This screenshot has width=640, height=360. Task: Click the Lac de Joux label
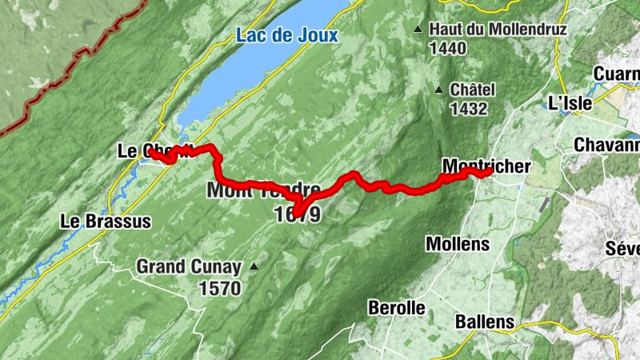coord(287,35)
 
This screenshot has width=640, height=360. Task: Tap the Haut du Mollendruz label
coord(498,30)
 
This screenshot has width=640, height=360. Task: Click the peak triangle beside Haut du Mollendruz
coord(418,30)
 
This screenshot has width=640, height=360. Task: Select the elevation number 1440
coord(447,48)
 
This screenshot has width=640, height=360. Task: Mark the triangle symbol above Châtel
coord(438,90)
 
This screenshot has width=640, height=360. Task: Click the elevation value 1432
coord(469,108)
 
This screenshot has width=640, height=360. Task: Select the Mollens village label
coord(457,242)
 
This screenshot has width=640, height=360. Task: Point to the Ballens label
coord(484,322)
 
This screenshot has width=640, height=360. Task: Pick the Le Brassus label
coord(106,222)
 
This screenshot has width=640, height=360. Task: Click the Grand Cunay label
coord(188,266)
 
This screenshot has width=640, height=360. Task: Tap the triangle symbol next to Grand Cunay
coord(254,266)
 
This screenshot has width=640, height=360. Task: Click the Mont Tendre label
coord(263,190)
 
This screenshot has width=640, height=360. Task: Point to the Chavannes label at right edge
coord(606,146)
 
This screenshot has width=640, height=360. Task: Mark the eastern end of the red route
coord(490,171)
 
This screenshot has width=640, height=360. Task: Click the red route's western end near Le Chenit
coord(151,151)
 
